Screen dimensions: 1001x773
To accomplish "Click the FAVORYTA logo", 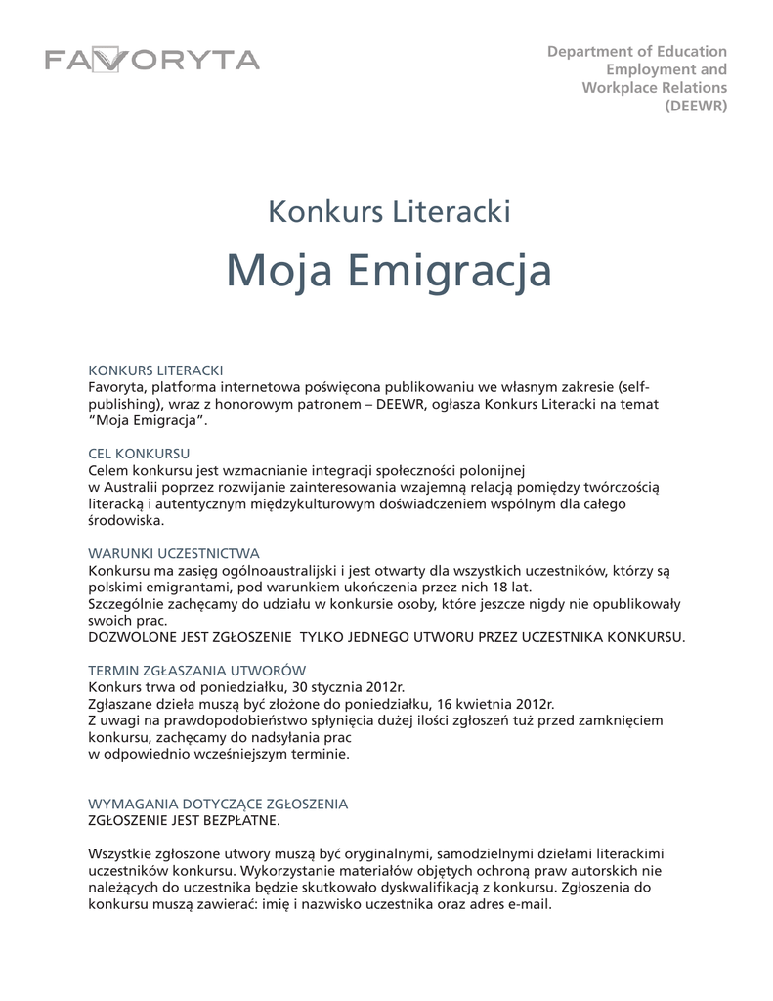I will (151, 60).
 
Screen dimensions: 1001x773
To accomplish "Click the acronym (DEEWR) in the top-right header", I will (696, 107).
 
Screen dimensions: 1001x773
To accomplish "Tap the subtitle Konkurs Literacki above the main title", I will (389, 210).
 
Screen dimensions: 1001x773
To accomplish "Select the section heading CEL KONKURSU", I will (139, 454).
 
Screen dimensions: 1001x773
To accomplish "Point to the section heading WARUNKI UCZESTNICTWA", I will (174, 553).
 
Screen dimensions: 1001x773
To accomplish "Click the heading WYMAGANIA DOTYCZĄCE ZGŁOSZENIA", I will (218, 804).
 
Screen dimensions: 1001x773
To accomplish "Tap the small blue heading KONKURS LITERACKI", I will (156, 370).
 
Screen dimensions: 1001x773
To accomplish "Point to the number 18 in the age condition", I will (495, 587).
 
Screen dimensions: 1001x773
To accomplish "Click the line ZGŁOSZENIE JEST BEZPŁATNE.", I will (184, 820).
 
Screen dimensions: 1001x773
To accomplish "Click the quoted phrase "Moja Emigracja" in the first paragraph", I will (149, 420).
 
